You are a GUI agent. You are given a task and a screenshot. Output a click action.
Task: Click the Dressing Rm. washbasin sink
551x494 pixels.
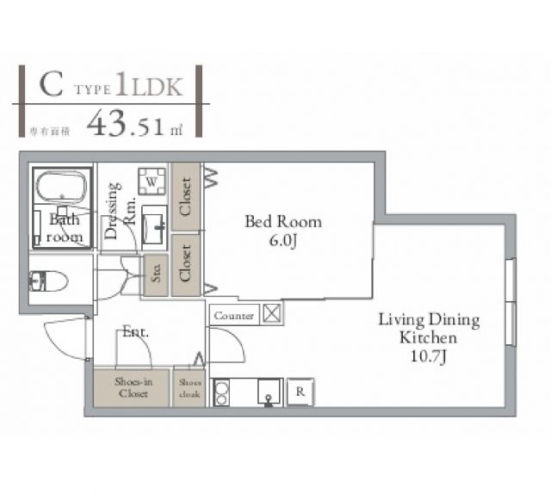click(154, 227)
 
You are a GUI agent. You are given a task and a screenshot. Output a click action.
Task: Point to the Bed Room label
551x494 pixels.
click(283, 221)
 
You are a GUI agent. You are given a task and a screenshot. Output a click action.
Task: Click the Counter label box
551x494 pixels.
click(233, 316)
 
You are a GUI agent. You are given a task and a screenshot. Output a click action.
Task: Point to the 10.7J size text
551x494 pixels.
click(429, 355)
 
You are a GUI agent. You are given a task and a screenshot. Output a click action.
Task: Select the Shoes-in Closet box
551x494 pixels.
click(127, 388)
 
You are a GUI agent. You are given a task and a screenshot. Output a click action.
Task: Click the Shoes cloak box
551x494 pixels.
click(189, 388)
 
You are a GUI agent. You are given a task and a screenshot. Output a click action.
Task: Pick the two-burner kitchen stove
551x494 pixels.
click(220, 392)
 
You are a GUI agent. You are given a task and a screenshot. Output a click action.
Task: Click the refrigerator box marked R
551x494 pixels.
click(300, 392)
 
